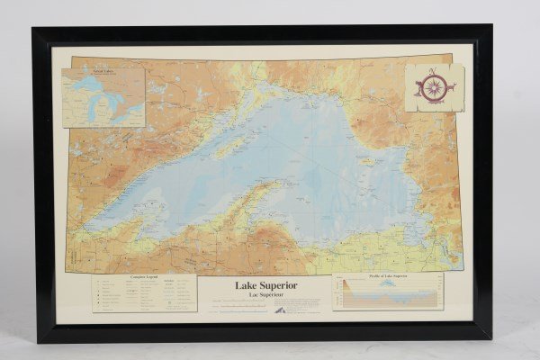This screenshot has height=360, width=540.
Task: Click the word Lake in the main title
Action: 248,286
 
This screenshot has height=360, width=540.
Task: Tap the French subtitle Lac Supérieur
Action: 265,295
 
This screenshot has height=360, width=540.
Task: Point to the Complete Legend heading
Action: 144,278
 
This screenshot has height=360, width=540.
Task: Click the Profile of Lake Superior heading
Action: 387,276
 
